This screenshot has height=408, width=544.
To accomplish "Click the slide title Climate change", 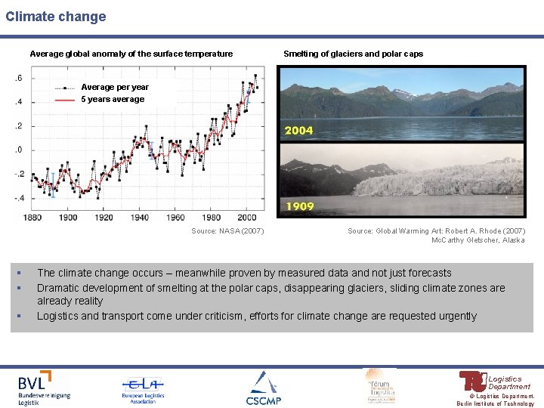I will (56, 16).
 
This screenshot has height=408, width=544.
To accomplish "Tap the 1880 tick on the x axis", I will (32, 218).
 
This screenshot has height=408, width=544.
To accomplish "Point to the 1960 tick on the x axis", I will (175, 218).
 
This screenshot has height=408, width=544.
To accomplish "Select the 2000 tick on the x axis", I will (246, 218).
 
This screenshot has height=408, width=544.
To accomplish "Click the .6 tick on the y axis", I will (17, 79).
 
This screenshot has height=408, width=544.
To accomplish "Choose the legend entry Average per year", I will (115, 87).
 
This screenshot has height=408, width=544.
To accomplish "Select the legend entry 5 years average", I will (113, 99).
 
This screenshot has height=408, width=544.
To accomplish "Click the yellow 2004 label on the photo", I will (298, 131).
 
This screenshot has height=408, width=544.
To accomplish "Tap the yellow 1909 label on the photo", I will (298, 206).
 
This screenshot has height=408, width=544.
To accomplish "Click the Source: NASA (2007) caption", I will (227, 231).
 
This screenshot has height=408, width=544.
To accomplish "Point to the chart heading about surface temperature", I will (131, 54).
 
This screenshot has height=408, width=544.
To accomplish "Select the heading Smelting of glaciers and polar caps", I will (353, 54).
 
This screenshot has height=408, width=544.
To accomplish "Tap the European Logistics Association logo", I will (143, 389).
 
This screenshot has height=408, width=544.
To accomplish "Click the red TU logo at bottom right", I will (473, 381).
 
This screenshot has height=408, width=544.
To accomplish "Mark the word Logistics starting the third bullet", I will (57, 316).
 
